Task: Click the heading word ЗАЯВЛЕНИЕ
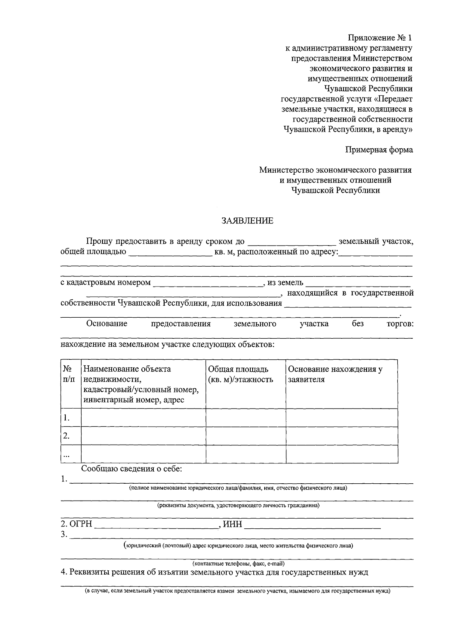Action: pyautogui.click(x=247, y=221)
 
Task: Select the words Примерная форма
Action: pyautogui.click(x=379, y=149)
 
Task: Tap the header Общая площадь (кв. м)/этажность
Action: pyautogui.click(x=241, y=374)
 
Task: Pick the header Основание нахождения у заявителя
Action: pyautogui.click(x=335, y=374)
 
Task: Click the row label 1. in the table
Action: pyautogui.click(x=67, y=418)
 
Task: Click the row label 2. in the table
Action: pyautogui.click(x=67, y=436)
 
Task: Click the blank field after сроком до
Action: pyautogui.click(x=292, y=241)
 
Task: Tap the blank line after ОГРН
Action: pyautogui.click(x=156, y=525)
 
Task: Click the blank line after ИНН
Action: pyautogui.click(x=312, y=525)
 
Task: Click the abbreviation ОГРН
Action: pyautogui.click(x=80, y=524)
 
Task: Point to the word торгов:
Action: pyautogui.click(x=400, y=324)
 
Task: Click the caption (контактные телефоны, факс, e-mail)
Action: pyautogui.click(x=238, y=564)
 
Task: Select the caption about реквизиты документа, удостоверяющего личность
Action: pyautogui.click(x=238, y=505)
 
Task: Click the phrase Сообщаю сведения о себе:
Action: pyautogui.click(x=132, y=469)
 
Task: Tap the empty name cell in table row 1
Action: pyautogui.click(x=144, y=418)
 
